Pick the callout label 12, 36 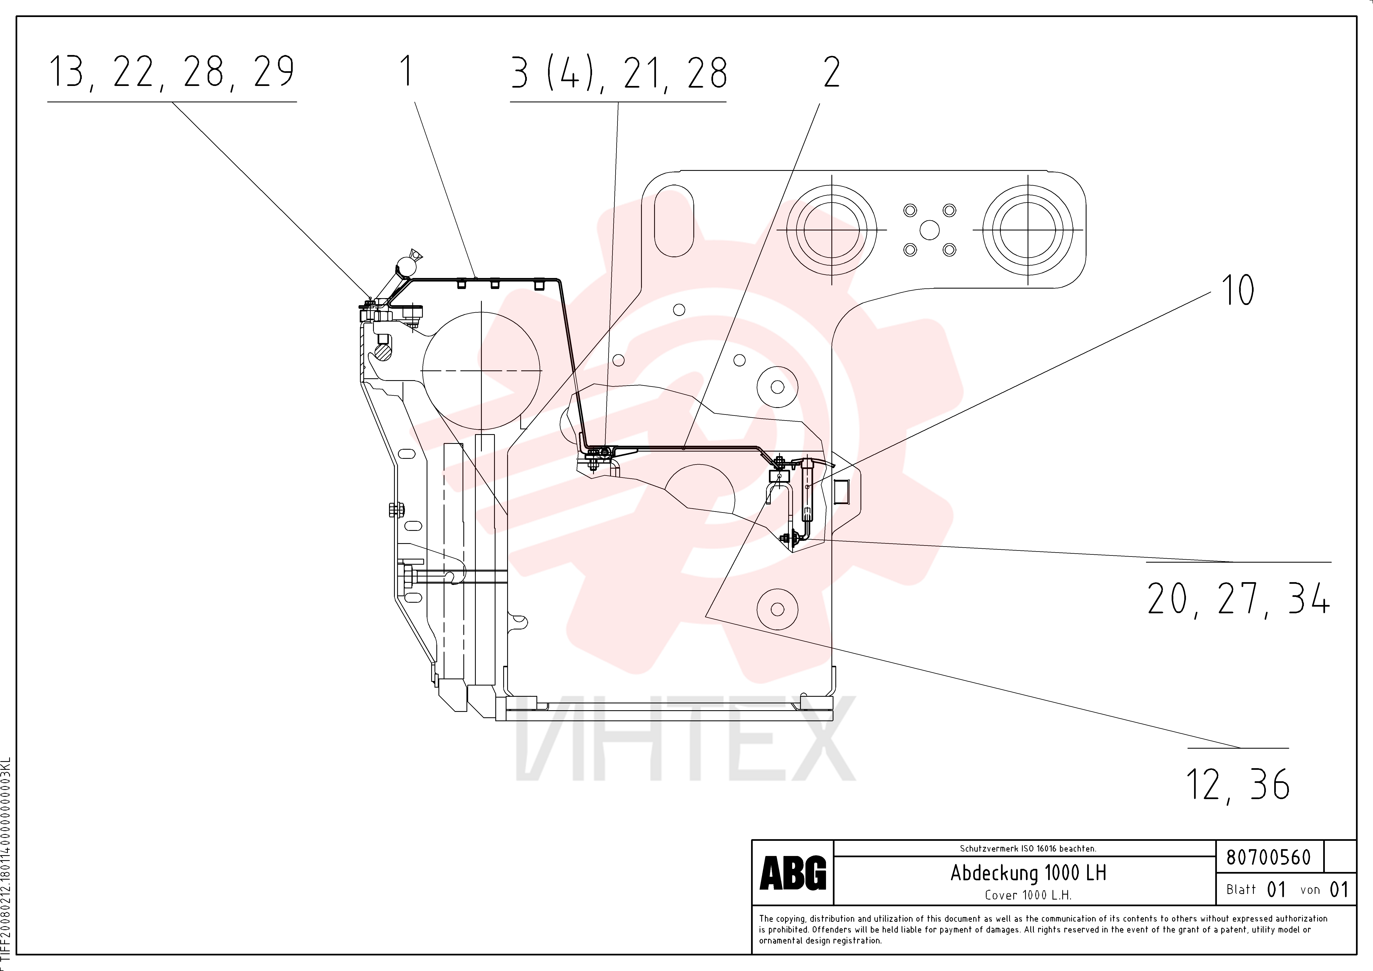pos(1238,784)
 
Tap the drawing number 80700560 pos(1268,857)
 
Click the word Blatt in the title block pos(1241,890)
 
